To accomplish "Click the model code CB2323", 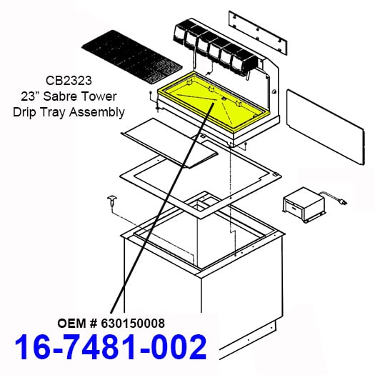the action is coord(69,81).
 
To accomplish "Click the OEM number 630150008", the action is coord(133,324).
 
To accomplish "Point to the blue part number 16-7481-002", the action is coord(111,347).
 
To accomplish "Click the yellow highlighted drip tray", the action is coord(214,103).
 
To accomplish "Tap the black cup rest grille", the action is coord(132,57).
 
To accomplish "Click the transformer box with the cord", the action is coord(304,204).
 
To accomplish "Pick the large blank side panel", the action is coord(326,126).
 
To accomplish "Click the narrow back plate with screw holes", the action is coord(258,33).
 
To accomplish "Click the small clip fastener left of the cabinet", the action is coord(111,200).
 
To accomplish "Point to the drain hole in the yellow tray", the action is coord(224,98).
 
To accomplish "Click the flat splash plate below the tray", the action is coord(170,143).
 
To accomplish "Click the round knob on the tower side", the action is coord(274,91).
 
